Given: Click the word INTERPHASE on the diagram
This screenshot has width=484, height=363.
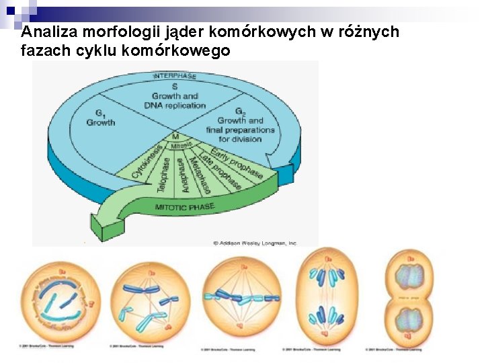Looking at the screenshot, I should (174, 76).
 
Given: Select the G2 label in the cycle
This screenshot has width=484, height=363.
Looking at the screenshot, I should (240, 112).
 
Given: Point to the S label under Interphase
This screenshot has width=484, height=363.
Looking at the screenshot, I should (175, 87).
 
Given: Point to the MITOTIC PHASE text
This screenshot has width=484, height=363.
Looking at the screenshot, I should (185, 207).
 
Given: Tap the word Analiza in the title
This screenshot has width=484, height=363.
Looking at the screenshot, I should (46, 32).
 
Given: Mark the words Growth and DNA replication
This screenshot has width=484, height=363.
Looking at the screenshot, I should (175, 101).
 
